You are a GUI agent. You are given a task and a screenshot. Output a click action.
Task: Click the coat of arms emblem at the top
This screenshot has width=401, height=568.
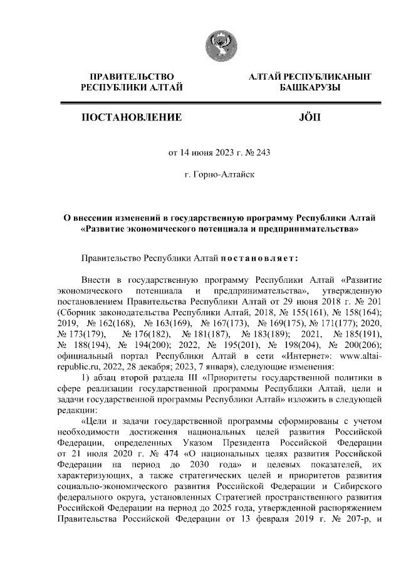(x=221, y=46)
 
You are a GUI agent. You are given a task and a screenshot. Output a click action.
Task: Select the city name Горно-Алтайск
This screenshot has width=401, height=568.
(x=220, y=172)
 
